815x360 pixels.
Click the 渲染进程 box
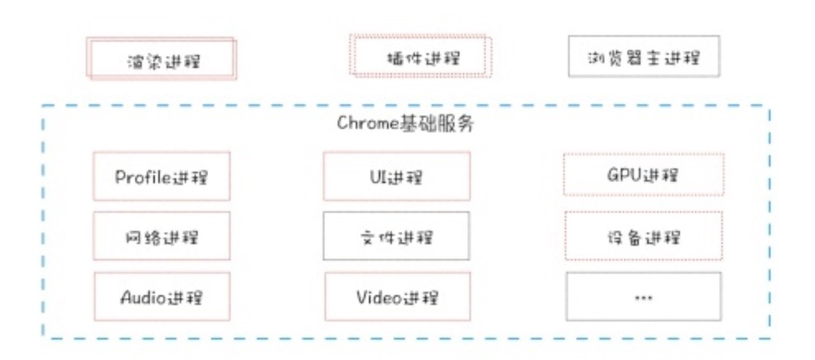pos(161,58)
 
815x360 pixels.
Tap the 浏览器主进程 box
pos(644,56)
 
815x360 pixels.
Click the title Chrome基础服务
pos(405,123)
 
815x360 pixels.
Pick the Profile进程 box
pos(161,177)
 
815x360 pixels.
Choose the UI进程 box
pos(397,177)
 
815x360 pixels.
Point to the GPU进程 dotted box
pos(644,175)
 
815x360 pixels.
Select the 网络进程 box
pos(161,236)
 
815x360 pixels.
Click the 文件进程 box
pos(396,236)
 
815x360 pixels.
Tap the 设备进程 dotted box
pos(644,235)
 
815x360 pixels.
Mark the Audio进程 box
pos(162,297)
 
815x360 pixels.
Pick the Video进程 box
pos(397,297)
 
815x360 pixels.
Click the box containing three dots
pos(644,297)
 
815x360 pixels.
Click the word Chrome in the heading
pos(368,123)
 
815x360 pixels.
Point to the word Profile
pos(143,177)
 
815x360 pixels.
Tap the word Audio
pos(143,297)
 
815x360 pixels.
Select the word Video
pos(379,297)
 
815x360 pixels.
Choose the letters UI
pos(376,177)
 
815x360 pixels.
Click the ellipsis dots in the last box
pos(644,298)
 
